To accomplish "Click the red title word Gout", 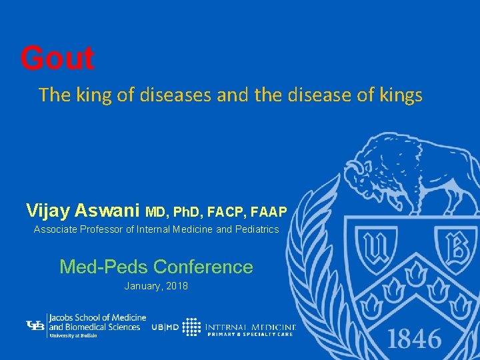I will click(57, 59).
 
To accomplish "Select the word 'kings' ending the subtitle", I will click(401, 95).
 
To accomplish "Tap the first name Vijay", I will click(48, 211).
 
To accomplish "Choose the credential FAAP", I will click(269, 213).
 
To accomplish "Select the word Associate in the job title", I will click(55, 230).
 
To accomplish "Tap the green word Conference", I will click(203, 267).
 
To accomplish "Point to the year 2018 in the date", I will click(177, 286).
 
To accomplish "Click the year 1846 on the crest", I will click(414, 339).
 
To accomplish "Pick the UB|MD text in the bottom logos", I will click(165, 327).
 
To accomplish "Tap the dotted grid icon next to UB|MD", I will click(192, 327).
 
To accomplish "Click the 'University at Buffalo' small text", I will click(73, 335).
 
